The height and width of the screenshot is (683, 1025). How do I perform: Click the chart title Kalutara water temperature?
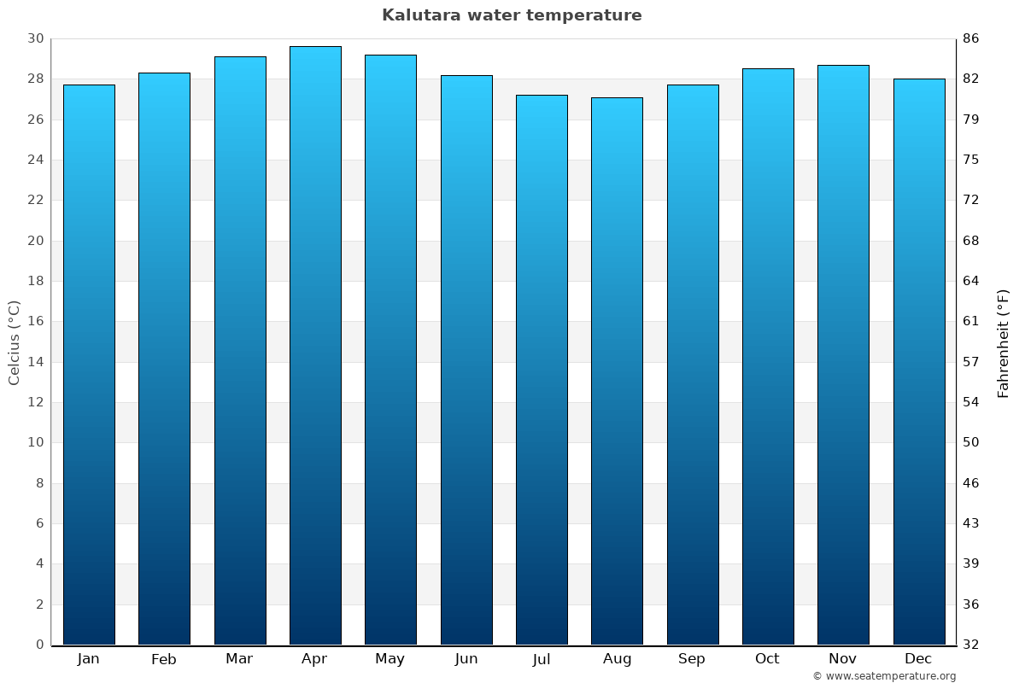tap(512, 15)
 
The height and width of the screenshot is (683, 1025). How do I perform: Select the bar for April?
tap(315, 346)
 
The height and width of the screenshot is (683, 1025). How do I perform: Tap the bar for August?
tap(617, 371)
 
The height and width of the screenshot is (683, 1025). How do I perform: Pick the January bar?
tap(89, 365)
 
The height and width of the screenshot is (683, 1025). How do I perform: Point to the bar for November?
tap(843, 354)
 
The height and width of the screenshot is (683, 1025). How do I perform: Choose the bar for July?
tap(542, 370)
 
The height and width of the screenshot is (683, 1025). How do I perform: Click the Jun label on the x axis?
tap(466, 659)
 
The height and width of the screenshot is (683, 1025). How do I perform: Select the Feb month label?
tap(164, 659)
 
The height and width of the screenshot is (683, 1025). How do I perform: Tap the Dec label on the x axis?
tap(918, 659)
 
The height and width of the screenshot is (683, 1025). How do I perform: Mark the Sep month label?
tap(692, 659)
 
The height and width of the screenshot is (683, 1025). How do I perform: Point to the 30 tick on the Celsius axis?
tap(35, 38)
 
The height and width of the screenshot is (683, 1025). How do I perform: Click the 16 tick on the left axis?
tap(35, 322)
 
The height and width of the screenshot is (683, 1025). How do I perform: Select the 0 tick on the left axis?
tap(39, 645)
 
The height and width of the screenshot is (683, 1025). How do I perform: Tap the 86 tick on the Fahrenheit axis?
tap(971, 38)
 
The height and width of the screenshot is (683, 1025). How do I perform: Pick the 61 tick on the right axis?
tap(971, 322)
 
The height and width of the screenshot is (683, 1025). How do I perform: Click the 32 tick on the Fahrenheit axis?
tap(971, 645)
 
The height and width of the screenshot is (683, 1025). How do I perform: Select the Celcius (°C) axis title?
tap(14, 341)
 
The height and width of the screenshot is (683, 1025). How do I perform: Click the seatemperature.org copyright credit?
tap(884, 676)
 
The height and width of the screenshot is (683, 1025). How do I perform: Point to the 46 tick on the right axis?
tap(971, 483)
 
